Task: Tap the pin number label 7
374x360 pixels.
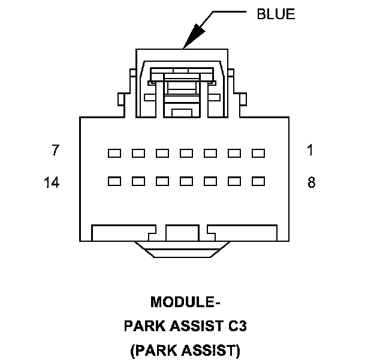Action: pos(55,150)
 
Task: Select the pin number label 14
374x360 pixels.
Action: pos(52,182)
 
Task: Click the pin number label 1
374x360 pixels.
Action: pos(310,150)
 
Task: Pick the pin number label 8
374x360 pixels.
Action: pos(311,182)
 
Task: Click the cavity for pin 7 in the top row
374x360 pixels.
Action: pos(114,154)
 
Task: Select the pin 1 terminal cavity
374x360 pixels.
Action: pos(258,154)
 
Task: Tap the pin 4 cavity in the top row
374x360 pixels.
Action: pos(186,154)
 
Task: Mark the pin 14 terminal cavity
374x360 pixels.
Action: pos(114,180)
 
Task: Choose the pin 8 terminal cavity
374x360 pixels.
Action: pos(258,180)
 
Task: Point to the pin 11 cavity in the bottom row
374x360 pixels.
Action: pos(186,180)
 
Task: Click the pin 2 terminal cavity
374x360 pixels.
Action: pos(234,154)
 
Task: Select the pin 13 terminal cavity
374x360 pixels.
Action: pos(138,180)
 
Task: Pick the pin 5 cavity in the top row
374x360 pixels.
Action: pos(162,154)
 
